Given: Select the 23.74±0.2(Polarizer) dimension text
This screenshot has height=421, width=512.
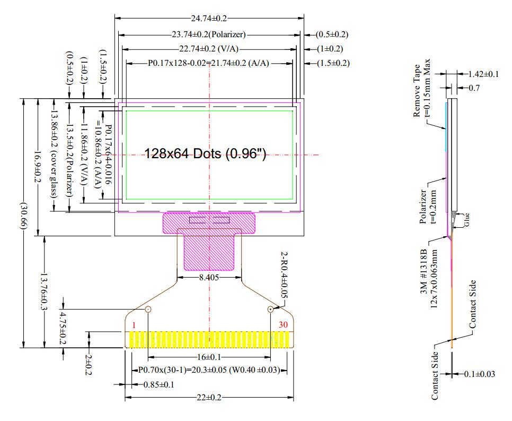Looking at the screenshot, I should tap(209, 35).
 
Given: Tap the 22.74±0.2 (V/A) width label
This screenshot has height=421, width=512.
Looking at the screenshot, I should tap(209, 49).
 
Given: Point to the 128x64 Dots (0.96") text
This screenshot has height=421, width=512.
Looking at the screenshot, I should tap(205, 154).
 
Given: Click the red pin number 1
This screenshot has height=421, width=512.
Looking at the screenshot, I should tap(135, 325).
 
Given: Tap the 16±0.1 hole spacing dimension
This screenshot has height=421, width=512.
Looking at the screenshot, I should tap(209, 357).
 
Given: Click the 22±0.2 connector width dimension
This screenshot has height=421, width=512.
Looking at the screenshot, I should tap(209, 398).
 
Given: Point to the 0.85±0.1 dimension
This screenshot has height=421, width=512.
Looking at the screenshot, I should tap(159, 384).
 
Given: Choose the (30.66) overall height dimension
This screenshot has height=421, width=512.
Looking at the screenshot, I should tap(23, 223).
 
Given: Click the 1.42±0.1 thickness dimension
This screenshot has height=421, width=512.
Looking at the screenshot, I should tap(483, 74).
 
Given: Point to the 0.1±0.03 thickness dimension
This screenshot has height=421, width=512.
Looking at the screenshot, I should tap(479, 374).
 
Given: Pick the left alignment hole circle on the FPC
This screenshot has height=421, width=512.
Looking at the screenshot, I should tap(148, 309).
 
